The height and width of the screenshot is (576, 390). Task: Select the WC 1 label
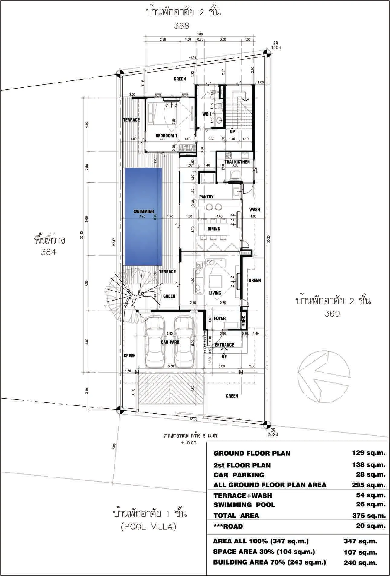click(207, 114)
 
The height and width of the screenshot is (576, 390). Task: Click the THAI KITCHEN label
click(237, 162)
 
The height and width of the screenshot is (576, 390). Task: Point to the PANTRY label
click(206, 197)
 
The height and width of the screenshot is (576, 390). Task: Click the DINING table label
click(214, 229)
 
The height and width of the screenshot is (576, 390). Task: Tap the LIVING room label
click(215, 293)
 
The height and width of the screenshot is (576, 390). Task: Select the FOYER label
click(219, 318)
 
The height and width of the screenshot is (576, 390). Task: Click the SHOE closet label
click(244, 321)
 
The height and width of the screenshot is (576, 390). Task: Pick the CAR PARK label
click(170, 342)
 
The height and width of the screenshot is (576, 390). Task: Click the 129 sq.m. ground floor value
click(369, 453)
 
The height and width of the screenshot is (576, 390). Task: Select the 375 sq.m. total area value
click(369, 516)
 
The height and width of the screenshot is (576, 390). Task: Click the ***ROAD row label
click(228, 526)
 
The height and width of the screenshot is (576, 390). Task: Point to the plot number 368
click(181, 26)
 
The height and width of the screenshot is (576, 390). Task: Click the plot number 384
click(48, 252)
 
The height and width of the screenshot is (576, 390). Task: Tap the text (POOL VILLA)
click(148, 527)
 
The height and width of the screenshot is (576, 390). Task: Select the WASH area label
click(255, 210)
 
